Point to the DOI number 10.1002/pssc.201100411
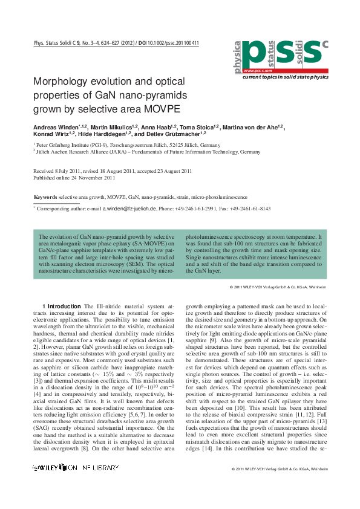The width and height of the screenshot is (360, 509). tap(171, 44)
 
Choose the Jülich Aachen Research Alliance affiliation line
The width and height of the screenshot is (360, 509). tap(148, 153)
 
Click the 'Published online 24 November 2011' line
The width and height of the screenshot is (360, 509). tap(74, 178)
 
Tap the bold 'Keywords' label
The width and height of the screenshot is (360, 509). tap(45, 198)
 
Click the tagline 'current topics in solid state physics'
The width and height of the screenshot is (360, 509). tap(285, 77)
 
